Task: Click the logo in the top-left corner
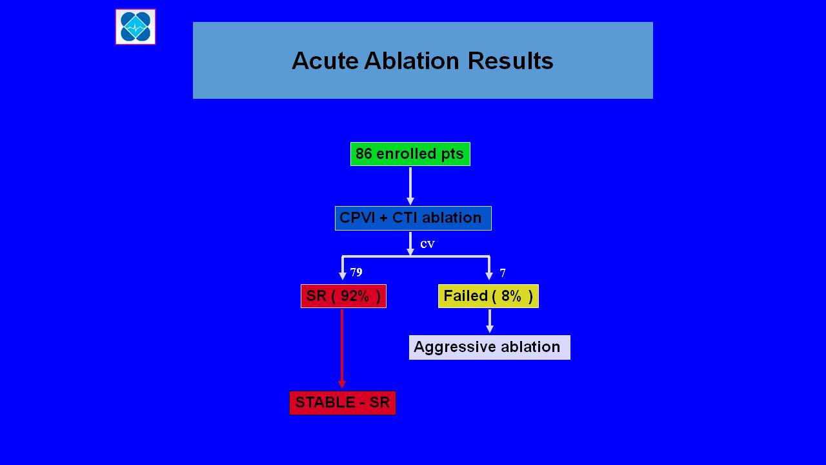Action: coord(136,27)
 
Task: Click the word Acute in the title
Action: coord(325,61)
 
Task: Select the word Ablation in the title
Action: coord(412,61)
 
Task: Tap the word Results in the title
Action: coord(510,61)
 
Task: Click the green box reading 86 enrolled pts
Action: coord(410,154)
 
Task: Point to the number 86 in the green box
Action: coord(363,154)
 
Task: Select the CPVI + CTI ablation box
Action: coord(413,218)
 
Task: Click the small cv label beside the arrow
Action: coord(427,244)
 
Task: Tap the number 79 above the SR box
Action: coord(356,273)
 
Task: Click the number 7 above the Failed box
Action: coord(503,273)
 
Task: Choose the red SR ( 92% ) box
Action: coord(343,296)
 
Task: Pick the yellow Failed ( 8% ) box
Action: coord(489,296)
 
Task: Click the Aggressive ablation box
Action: coord(490,347)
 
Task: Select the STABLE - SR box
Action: coord(343,402)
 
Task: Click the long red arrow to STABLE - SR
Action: coord(342,349)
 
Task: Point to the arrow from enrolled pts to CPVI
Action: coord(410,186)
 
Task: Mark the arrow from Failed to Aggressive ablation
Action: coord(490,321)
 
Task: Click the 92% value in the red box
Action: coord(355,296)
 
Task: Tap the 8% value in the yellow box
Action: coord(511,296)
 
